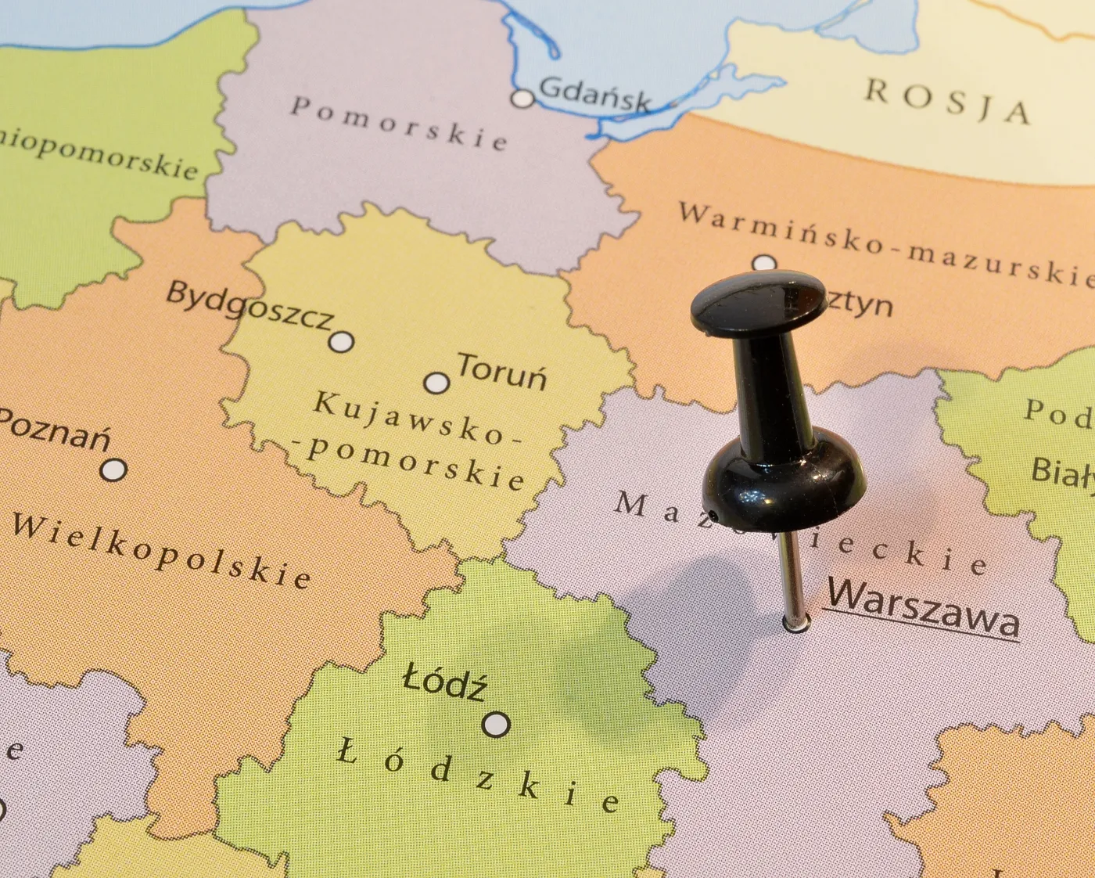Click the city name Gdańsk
594,94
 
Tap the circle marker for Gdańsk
522,99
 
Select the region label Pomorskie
399,123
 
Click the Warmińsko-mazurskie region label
884,243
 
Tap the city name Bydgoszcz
250,306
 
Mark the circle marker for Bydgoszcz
342,342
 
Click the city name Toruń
501,371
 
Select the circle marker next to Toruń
436,383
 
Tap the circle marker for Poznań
114,470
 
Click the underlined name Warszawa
923,607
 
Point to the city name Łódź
444,682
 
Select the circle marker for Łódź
496,725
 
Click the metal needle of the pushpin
791,575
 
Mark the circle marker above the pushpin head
764,263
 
